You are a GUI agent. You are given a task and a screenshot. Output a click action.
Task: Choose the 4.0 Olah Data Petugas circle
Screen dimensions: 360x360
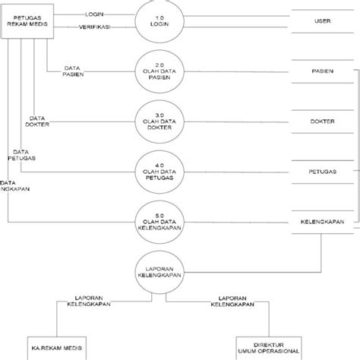158,170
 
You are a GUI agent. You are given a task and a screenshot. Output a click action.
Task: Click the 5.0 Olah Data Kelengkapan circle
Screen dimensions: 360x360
158,219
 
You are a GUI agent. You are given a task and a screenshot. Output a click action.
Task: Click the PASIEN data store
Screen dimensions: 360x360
322,71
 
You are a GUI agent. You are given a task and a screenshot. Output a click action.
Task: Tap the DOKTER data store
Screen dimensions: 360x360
322,121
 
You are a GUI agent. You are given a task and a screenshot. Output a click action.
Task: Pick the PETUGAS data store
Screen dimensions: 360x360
322,171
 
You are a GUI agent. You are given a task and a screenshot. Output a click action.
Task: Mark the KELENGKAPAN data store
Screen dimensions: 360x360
322,221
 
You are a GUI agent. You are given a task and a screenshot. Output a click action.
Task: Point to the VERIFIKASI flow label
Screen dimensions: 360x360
96,27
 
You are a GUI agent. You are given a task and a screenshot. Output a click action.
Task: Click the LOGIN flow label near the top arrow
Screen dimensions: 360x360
95,14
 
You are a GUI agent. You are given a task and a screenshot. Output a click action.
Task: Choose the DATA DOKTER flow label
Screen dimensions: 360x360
39,122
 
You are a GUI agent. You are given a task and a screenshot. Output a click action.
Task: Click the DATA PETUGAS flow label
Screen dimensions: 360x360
22,155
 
